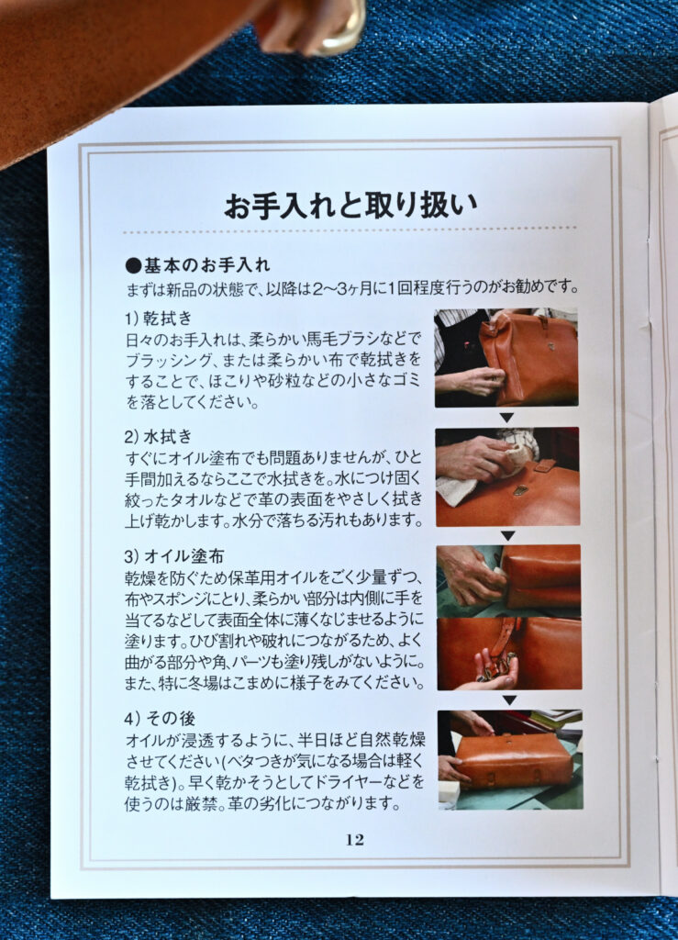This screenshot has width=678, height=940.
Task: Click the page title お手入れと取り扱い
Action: coord(351,205)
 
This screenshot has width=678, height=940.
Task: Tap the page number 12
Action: coord(354,839)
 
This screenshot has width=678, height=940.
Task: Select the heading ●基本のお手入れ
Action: coord(198,265)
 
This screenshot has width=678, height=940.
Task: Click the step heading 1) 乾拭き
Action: coord(159,319)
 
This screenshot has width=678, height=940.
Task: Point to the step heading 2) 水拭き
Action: coord(159,436)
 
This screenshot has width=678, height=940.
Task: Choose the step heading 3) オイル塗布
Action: coord(174,555)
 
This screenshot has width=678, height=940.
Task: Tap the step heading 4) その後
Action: coord(160,718)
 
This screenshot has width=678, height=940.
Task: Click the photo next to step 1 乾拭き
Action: coord(506,358)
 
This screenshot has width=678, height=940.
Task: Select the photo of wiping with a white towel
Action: coord(507,476)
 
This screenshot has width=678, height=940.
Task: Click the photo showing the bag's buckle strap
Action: coord(509,654)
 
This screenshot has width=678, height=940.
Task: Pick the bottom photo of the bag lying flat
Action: coord(510,759)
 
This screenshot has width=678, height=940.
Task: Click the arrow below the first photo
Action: coord(506,418)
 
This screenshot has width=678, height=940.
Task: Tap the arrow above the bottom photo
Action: coord(510,699)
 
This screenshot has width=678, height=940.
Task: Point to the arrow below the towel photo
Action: coord(508,535)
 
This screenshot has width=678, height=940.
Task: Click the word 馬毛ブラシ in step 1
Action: coord(351,340)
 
